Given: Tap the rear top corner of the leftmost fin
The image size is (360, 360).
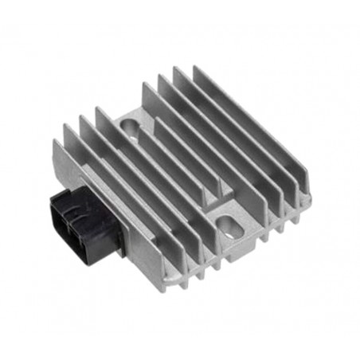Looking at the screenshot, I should (57, 143).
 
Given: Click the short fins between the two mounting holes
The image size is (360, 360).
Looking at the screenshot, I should (183, 171).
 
